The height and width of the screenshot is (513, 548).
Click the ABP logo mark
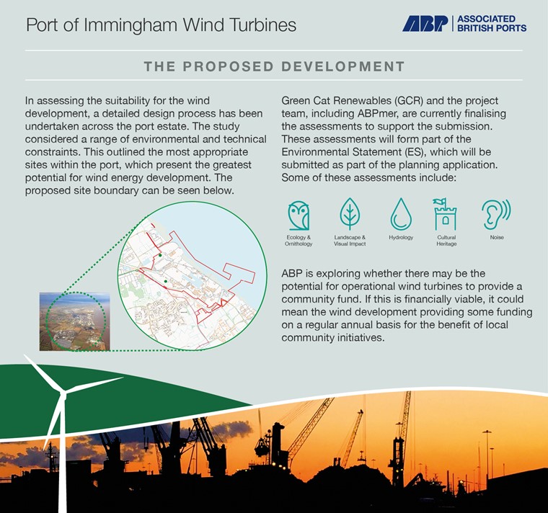coord(425,24)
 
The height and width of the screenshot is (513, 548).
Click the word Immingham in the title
coord(131,25)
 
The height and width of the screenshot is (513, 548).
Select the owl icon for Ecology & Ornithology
coord(299,216)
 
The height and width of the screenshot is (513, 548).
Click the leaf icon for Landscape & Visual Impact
coord(350,214)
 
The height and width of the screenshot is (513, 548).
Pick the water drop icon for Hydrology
coord(401,214)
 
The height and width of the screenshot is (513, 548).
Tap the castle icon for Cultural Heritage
coord(445,214)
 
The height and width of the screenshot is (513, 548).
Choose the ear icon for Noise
coord(496,215)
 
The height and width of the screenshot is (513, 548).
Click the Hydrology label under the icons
coord(401,238)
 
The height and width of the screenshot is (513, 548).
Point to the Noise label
coord(497,238)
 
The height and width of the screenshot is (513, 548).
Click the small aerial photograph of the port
coord(74,321)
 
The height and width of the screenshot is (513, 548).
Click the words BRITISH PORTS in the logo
coord(492,28)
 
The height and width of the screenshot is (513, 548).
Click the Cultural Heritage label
coord(446,241)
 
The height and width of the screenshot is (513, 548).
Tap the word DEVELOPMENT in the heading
coord(342,66)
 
